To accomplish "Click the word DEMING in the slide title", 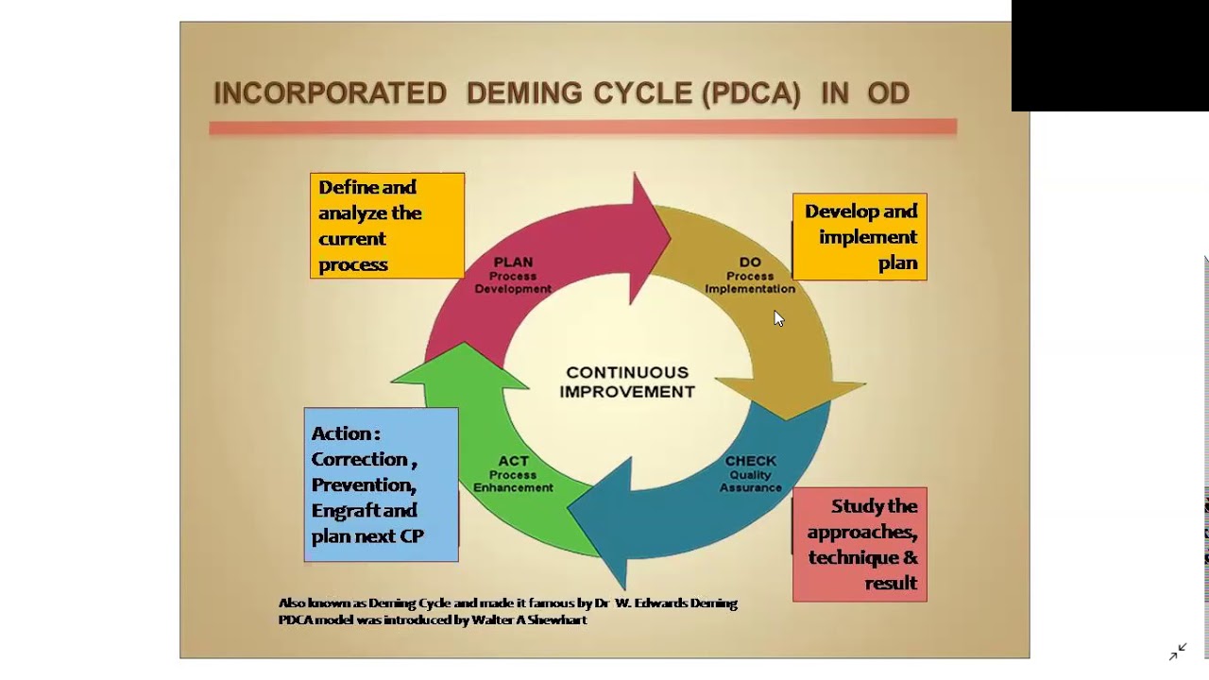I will pyautogui.click(x=525, y=93).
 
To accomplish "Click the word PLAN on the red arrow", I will pyautogui.click(x=513, y=262).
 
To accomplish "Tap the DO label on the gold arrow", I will pyautogui.click(x=750, y=263).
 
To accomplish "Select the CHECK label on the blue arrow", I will pyautogui.click(x=751, y=461).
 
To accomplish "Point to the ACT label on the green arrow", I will pyautogui.click(x=513, y=461).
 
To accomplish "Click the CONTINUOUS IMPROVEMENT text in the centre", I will pyautogui.click(x=627, y=382).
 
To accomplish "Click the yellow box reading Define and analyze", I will pyautogui.click(x=387, y=225).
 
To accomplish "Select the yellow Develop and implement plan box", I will pyautogui.click(x=860, y=237).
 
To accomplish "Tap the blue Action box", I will pyautogui.click(x=382, y=484).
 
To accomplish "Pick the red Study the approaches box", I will pyautogui.click(x=860, y=544).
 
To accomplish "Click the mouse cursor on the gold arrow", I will pyautogui.click(x=778, y=318).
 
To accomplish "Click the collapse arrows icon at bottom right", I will pyautogui.click(x=1177, y=652).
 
